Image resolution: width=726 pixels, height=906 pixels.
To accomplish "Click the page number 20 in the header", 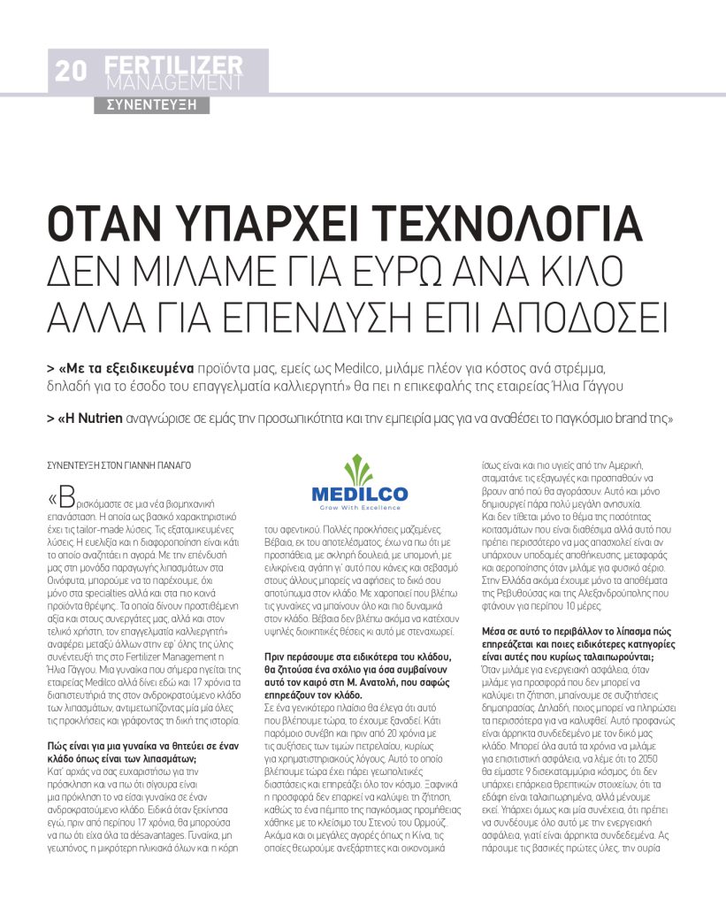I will [71, 72].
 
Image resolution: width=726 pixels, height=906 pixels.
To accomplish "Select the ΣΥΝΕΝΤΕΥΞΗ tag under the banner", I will [151, 104].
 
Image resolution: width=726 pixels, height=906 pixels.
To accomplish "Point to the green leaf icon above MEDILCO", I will [359, 467].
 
